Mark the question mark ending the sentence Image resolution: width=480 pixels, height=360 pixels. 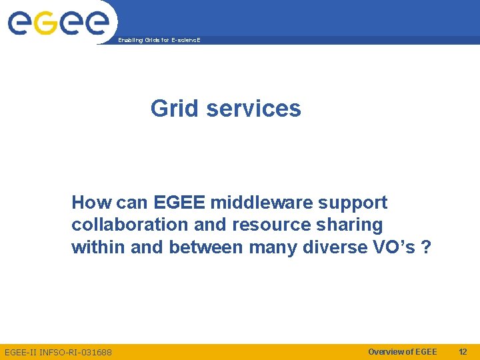(x=427, y=247)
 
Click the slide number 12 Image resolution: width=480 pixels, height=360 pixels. (x=463, y=351)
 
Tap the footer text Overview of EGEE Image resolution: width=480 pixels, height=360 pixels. (x=403, y=351)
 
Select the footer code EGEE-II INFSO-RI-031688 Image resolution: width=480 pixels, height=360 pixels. (x=59, y=352)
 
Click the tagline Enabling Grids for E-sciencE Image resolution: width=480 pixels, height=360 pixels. (x=159, y=41)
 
